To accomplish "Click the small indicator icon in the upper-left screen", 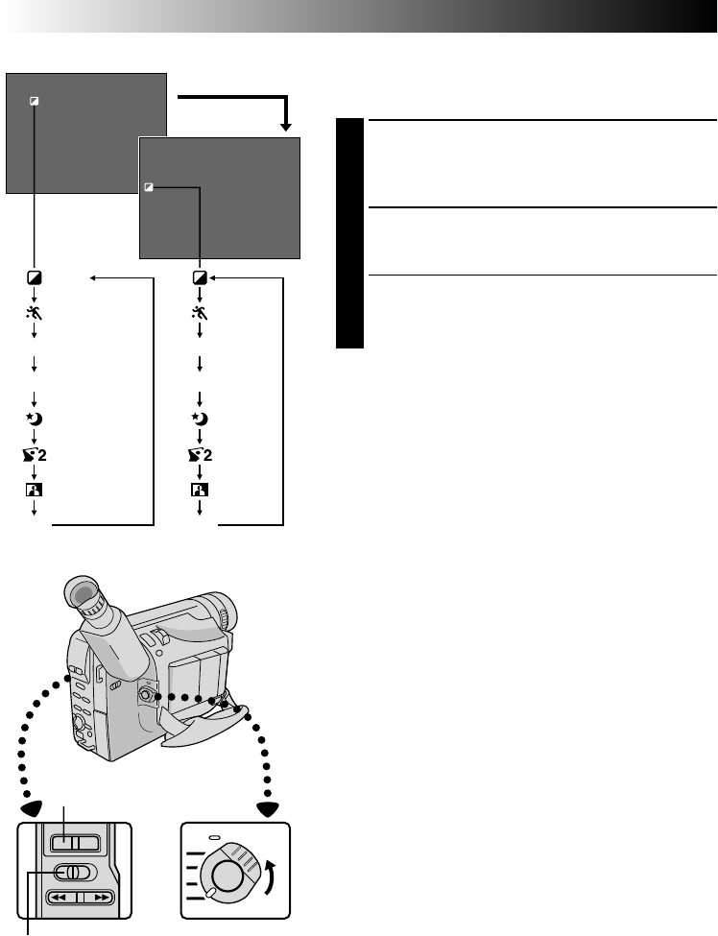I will pyautogui.click(x=35, y=99).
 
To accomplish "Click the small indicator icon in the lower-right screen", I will pyautogui.click(x=149, y=187).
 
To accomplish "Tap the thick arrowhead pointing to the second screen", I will pyautogui.click(x=285, y=126).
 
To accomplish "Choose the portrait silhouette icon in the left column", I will pyautogui.click(x=35, y=490).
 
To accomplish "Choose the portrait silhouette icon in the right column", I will pyautogui.click(x=201, y=490).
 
